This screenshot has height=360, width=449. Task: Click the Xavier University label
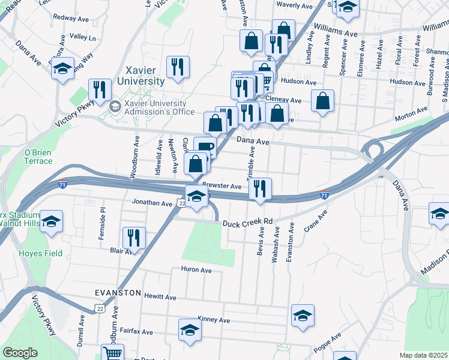[145, 76]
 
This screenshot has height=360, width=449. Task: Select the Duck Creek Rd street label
[248, 222]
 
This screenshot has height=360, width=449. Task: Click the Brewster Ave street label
[221, 187]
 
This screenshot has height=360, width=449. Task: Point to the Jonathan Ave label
[152, 203]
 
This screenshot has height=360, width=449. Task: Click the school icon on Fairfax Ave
[190, 329]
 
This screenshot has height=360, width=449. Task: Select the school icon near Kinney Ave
[303, 315]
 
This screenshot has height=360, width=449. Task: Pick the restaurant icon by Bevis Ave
[260, 188]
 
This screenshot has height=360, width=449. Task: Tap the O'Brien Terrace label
[38, 157]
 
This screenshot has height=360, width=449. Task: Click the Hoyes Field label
[41, 253]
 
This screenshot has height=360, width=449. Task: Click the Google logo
[20, 353]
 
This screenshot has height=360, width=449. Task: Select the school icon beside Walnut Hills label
[52, 220]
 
